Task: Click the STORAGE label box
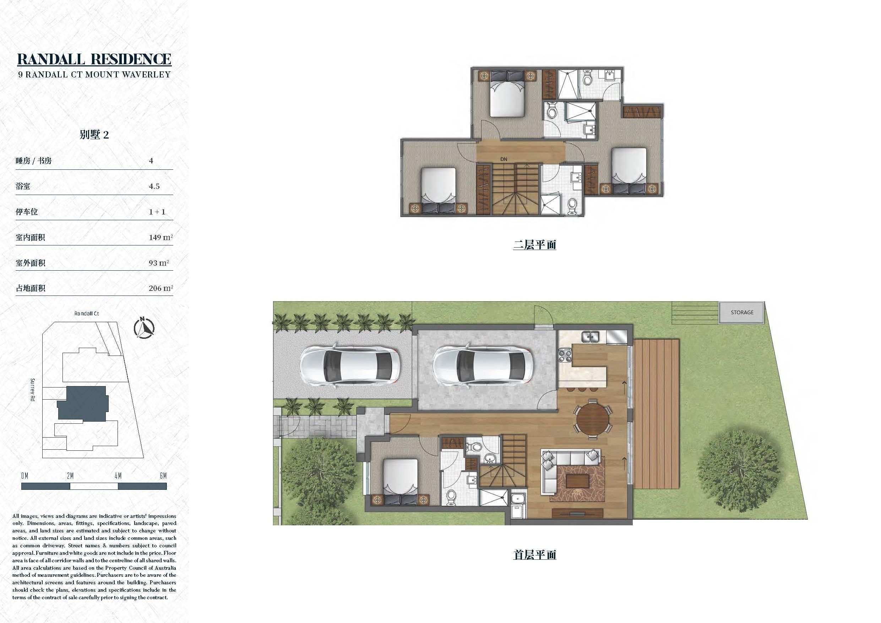pyautogui.click(x=741, y=313)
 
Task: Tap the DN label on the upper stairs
pyautogui.click(x=504, y=159)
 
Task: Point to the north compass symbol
pyautogui.click(x=144, y=328)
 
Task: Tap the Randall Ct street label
pyautogui.click(x=86, y=314)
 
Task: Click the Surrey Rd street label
pyautogui.click(x=33, y=390)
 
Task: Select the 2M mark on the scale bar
pyautogui.click(x=70, y=476)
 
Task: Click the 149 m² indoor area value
pyautogui.click(x=161, y=237)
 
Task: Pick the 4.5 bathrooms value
pyautogui.click(x=154, y=186)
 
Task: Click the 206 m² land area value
pyautogui.click(x=161, y=288)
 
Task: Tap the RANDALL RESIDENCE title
pyautogui.click(x=94, y=59)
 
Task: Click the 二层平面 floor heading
pyautogui.click(x=534, y=245)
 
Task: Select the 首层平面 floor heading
pyautogui.click(x=534, y=555)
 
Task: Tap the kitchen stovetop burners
pyautogui.click(x=564, y=355)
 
